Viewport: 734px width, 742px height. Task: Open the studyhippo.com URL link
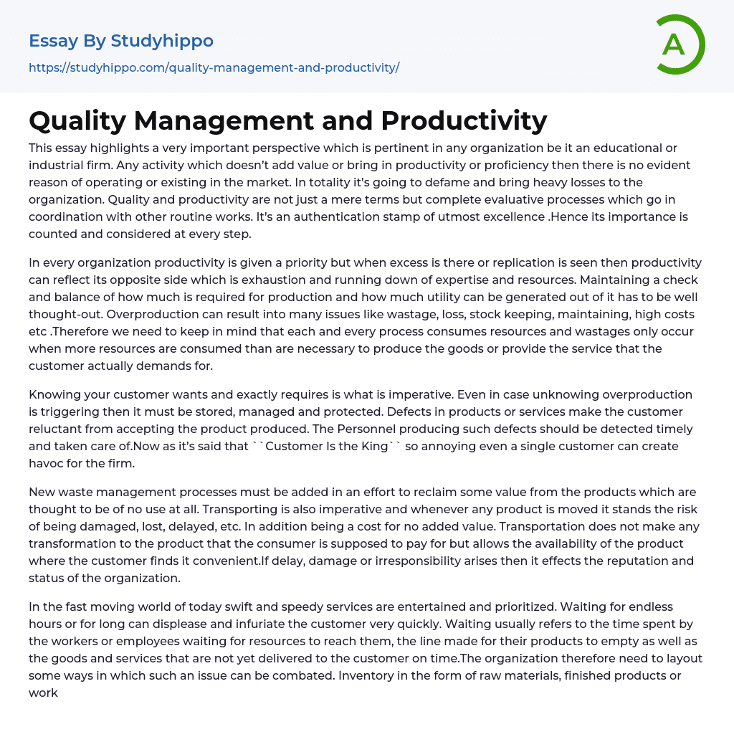(x=214, y=68)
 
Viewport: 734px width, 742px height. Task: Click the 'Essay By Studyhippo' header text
(x=121, y=41)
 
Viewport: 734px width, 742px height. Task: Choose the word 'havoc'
(x=46, y=463)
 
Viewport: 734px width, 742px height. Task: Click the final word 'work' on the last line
(x=43, y=693)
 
